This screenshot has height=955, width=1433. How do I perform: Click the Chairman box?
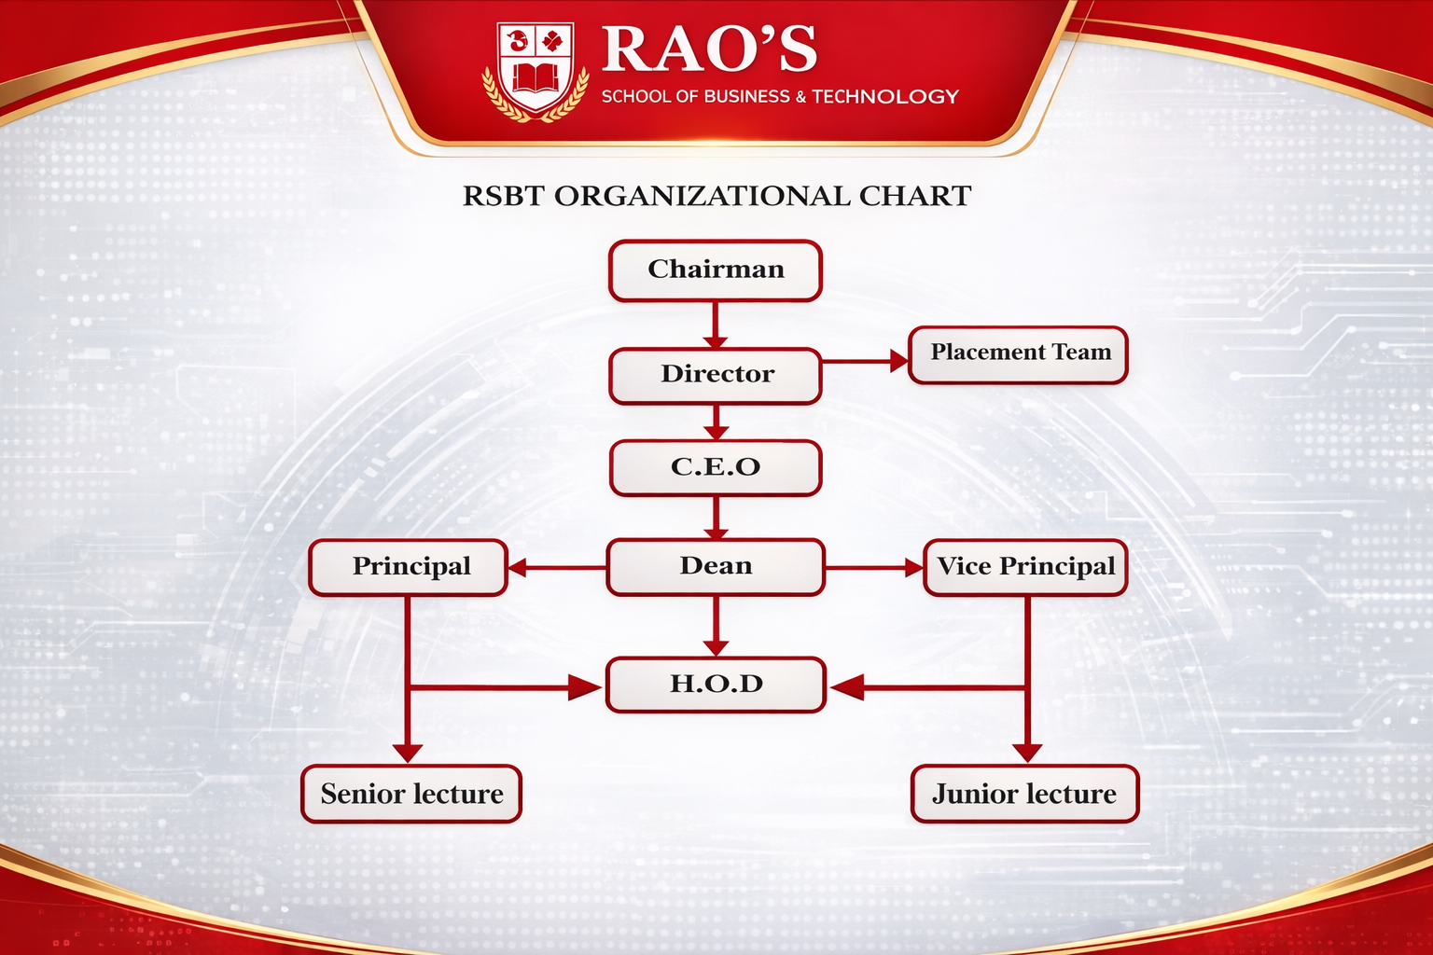[716, 270]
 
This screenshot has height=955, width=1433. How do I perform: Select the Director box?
[716, 375]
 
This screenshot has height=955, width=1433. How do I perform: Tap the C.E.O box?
[716, 467]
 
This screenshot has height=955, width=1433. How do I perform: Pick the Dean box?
[716, 566]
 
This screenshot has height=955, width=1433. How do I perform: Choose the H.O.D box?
[716, 685]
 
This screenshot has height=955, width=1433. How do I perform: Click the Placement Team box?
[1019, 354]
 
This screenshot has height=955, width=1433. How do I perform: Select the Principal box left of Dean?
[409, 567]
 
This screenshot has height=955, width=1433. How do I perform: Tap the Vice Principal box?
[1025, 567]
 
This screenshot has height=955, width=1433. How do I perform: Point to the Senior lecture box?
[411, 794]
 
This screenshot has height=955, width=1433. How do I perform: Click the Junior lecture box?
[1024, 794]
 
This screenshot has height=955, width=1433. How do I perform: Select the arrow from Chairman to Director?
[716, 325]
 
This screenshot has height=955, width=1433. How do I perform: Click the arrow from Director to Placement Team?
[865, 361]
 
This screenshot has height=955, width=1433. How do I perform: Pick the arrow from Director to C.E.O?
[716, 422]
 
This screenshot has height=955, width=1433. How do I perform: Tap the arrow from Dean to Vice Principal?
[874, 567]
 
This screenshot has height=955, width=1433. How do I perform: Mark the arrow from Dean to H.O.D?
[716, 626]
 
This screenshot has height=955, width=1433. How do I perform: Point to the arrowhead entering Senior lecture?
[408, 753]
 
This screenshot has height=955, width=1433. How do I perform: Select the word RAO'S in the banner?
[709, 48]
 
